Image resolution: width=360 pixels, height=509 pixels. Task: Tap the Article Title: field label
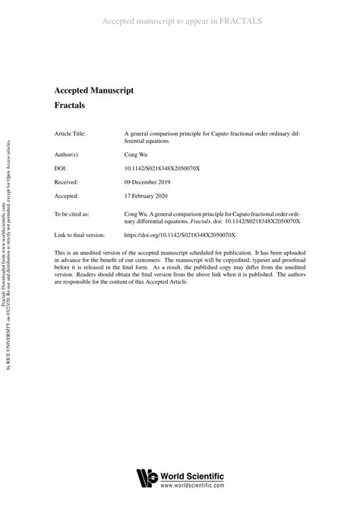tap(70, 133)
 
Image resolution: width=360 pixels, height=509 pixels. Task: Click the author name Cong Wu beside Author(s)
tap(137, 153)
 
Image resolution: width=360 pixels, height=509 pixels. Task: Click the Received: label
tap(67, 183)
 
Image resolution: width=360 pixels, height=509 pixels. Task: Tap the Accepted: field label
tap(67, 198)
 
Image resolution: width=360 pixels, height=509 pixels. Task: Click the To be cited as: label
tap(71, 215)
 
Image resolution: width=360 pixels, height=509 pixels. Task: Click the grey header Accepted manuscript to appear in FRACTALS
tap(182, 21)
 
